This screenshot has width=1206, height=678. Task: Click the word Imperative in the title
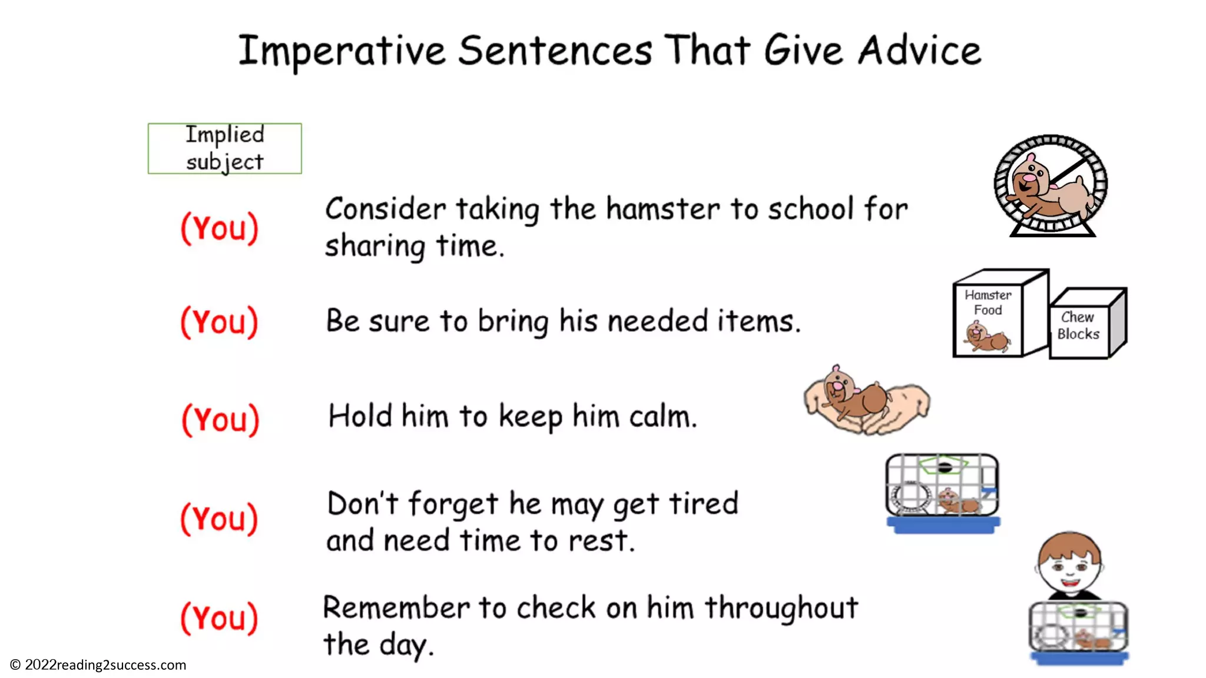342,52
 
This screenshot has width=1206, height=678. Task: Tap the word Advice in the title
919,51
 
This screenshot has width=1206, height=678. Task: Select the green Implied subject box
224,148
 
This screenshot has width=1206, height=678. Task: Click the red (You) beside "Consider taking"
220,228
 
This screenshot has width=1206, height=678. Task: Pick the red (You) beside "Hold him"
220,420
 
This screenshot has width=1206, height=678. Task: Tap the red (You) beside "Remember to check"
219,618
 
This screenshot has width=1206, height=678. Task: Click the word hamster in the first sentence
663,209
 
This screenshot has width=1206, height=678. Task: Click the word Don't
363,504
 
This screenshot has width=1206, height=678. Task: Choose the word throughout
781,609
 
